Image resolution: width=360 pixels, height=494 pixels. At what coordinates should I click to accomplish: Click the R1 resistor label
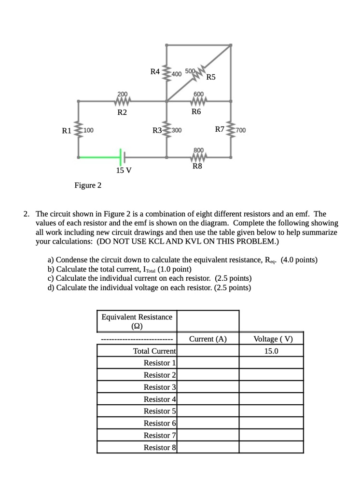(x=66, y=130)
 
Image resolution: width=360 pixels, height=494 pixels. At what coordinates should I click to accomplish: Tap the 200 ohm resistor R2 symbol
(x=123, y=101)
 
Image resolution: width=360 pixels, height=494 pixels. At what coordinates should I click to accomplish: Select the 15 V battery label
(x=124, y=170)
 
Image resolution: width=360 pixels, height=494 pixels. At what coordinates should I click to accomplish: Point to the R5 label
(x=211, y=77)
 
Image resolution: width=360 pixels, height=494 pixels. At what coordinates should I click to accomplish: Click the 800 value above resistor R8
(x=198, y=150)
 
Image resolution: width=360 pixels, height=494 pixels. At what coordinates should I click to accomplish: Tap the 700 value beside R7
(x=241, y=130)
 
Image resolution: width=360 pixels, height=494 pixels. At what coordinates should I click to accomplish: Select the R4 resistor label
(x=155, y=72)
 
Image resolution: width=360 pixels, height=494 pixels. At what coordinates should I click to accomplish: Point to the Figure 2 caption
(x=87, y=185)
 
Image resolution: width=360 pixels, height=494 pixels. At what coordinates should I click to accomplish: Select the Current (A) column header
(x=208, y=339)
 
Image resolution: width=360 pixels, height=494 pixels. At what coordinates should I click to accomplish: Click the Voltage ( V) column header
(x=271, y=339)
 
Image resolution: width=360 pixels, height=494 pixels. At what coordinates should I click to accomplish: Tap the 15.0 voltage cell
(x=271, y=351)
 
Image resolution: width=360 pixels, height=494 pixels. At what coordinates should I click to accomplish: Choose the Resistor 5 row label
(x=160, y=411)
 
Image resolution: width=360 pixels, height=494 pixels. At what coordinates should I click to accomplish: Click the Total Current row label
(x=154, y=351)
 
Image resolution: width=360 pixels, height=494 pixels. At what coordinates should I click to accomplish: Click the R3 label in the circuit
(x=157, y=130)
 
